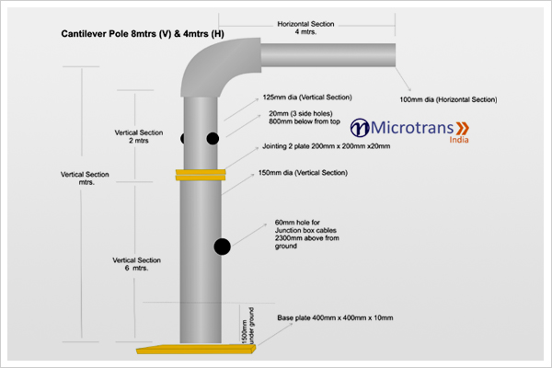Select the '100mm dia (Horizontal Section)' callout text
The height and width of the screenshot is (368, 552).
448,98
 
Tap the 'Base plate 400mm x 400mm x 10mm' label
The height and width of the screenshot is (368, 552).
335,317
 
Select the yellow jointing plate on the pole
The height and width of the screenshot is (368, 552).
201,174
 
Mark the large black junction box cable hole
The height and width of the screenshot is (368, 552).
222,247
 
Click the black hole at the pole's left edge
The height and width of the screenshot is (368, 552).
183,138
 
